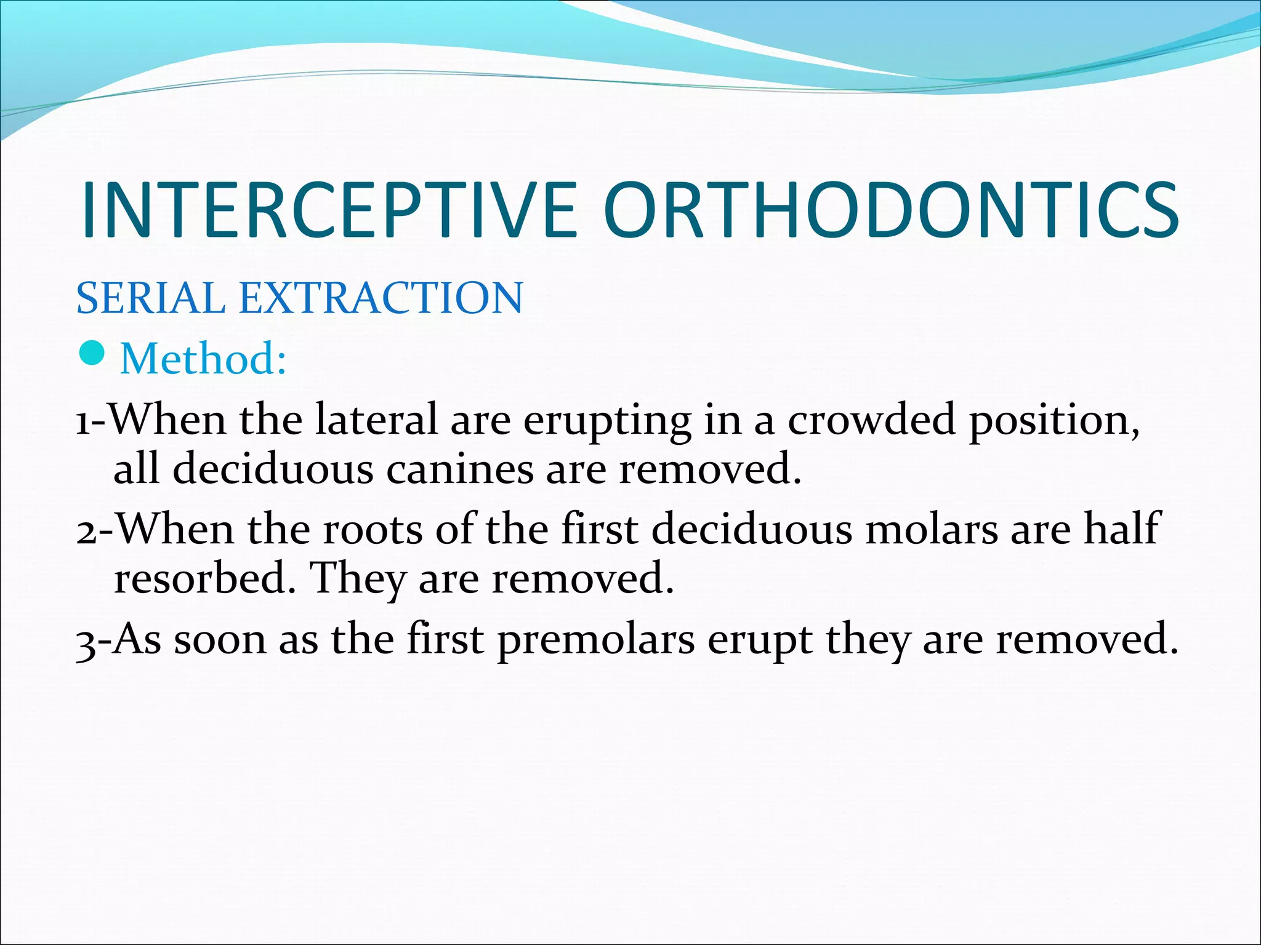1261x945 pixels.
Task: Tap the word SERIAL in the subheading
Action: pos(151,298)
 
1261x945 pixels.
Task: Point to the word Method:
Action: pos(203,358)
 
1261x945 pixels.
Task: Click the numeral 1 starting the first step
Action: pos(83,422)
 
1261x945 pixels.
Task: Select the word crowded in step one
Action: pos(871,420)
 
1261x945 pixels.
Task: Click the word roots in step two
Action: pos(373,530)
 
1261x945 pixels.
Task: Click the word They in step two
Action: pos(358,580)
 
